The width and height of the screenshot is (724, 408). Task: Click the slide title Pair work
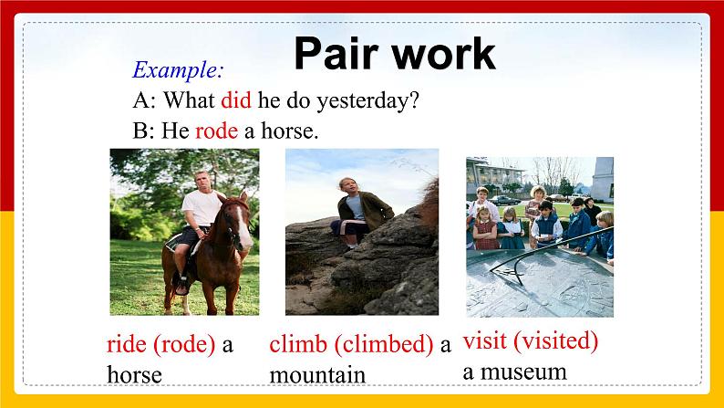pyautogui.click(x=394, y=54)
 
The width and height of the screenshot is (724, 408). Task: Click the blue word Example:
pyautogui.click(x=178, y=69)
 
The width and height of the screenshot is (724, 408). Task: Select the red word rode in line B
pyautogui.click(x=216, y=131)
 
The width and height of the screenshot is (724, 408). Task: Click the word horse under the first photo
pyautogui.click(x=134, y=374)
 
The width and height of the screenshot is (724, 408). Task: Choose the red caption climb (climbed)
pyautogui.click(x=351, y=344)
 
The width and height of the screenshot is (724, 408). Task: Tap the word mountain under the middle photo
pyautogui.click(x=317, y=374)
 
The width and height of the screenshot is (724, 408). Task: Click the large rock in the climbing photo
pyautogui.click(x=365, y=274)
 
